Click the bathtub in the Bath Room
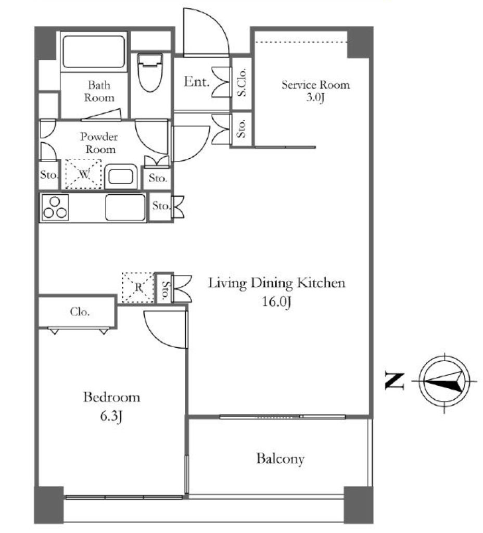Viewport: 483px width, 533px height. [94, 52]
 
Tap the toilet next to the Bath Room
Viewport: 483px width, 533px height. [150, 72]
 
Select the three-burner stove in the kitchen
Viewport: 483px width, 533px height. [55, 208]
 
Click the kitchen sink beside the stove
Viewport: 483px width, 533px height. [125, 207]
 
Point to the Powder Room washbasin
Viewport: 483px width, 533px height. [121, 176]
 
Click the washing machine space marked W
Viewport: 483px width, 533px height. [83, 174]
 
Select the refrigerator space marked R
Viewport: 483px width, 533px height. [138, 287]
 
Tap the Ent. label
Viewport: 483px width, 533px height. [196, 82]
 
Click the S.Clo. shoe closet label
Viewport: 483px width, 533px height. [241, 83]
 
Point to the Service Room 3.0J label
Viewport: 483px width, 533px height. [315, 91]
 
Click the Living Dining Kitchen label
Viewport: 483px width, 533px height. [277, 283]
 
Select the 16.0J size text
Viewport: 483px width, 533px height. [277, 301]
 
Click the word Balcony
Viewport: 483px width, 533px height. [280, 459]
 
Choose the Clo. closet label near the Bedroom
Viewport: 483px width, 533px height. [80, 312]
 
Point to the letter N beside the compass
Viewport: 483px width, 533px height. [395, 380]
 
